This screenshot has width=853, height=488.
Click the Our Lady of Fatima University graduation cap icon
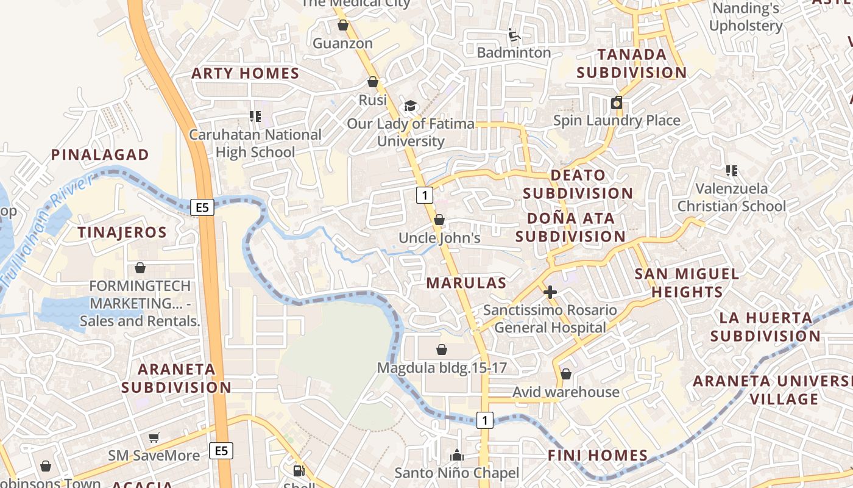[410, 106]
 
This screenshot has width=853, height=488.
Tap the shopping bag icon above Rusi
[373, 82]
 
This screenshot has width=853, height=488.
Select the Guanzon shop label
[342, 43]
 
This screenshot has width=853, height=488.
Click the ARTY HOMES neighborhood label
[246, 74]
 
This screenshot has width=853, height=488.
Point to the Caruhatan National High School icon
[255, 116]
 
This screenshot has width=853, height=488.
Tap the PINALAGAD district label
[100, 155]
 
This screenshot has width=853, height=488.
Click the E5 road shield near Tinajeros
[203, 208]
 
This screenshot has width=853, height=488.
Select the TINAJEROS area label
[122, 232]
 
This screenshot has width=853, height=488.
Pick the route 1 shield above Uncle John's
[425, 195]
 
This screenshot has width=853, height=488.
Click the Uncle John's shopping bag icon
[439, 220]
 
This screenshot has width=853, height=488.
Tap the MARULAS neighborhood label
[466, 283]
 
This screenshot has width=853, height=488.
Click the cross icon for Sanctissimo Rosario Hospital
[550, 292]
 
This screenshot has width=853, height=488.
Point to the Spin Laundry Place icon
[617, 102]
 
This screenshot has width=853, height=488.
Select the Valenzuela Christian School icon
[731, 171]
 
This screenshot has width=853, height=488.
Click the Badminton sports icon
[514, 35]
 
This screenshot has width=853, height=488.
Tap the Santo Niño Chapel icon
[456, 455]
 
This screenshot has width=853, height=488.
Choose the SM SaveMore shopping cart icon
[154, 437]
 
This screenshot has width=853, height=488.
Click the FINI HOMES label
[597, 455]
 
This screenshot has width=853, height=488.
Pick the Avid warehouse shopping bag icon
[566, 374]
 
